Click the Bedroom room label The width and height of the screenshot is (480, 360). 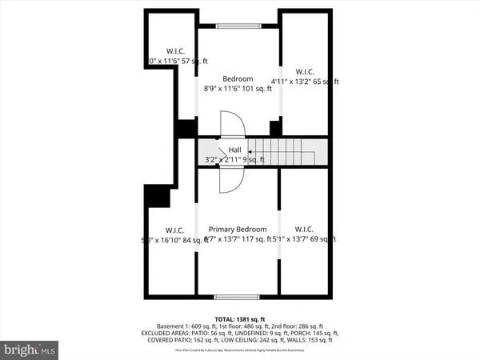(238, 78)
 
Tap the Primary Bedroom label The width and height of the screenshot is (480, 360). (238, 229)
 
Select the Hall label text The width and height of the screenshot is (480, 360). (234, 150)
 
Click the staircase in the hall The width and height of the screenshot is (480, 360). (286, 150)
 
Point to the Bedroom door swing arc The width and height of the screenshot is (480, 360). (231, 125)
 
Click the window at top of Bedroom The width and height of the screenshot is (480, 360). (238, 27)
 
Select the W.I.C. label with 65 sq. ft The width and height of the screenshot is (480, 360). (304, 70)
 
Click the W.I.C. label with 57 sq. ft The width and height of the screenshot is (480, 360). (175, 50)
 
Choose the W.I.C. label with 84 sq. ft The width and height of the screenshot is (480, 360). (170, 229)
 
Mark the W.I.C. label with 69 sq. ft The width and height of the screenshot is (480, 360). (304, 229)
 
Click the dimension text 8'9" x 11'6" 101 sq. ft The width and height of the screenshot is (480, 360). (238, 89)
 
